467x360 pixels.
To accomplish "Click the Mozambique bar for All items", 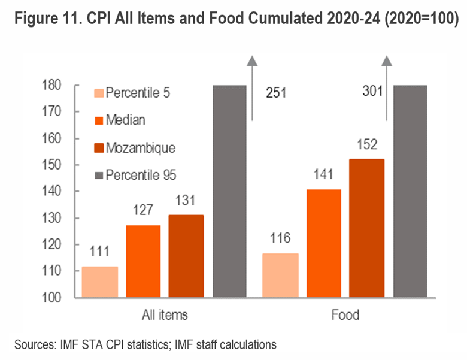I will [186, 256].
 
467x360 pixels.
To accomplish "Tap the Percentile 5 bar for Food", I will [281, 275].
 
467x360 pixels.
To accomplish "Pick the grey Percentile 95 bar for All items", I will [229, 191].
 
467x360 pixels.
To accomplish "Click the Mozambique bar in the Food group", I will [367, 228].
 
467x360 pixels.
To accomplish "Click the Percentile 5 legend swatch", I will [99, 93].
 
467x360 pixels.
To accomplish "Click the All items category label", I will [165, 315].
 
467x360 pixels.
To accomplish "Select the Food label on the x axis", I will [345, 315].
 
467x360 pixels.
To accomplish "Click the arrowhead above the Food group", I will [387, 60].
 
